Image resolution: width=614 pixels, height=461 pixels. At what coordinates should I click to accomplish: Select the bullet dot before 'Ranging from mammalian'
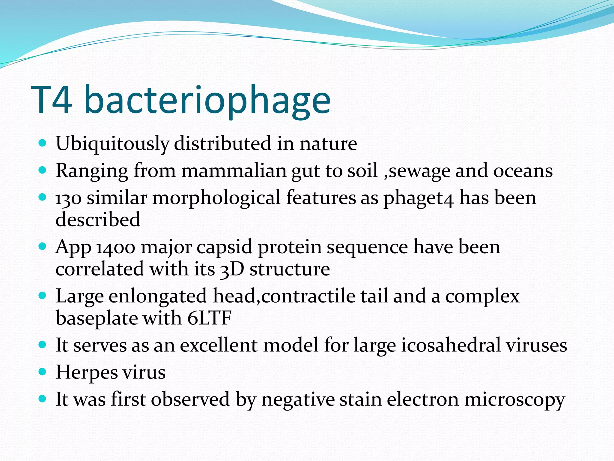[43, 170]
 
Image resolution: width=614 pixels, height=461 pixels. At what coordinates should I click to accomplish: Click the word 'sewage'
[419, 171]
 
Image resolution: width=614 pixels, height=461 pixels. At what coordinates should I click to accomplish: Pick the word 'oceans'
[523, 171]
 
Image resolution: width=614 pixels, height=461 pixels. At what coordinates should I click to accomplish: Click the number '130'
[68, 198]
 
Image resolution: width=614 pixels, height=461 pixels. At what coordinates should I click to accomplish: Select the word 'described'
[98, 219]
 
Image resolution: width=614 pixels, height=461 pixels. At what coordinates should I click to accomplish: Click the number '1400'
[116, 248]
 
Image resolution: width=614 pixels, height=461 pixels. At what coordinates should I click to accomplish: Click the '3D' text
[232, 269]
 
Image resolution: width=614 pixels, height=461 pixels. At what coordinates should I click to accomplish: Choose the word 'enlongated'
[158, 296]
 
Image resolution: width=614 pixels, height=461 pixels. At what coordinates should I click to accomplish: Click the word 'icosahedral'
[451, 345]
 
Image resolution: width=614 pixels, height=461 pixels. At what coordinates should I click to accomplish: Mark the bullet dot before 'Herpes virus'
[43, 372]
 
